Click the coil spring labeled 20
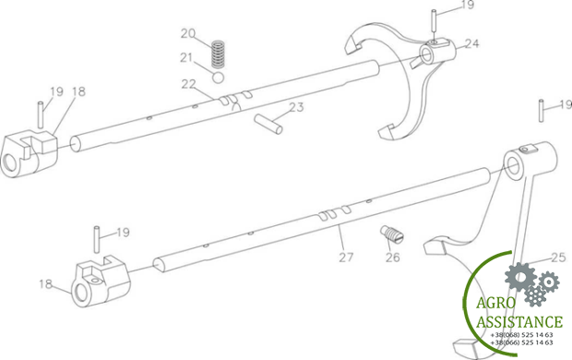(218, 54)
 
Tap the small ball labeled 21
(218, 78)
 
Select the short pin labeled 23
(268, 124)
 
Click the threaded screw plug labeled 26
(392, 234)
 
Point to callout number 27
(346, 258)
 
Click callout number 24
(471, 43)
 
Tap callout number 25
(558, 258)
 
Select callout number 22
(188, 84)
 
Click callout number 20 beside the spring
(188, 33)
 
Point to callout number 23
(296, 107)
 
